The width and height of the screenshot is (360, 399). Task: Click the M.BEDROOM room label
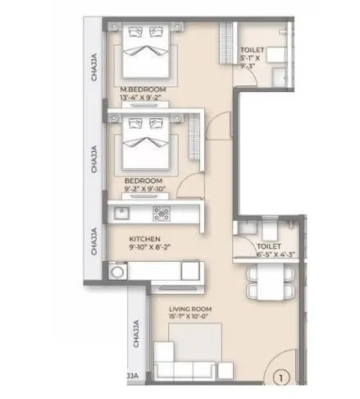click(x=144, y=89)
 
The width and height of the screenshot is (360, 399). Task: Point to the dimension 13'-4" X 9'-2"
click(x=144, y=99)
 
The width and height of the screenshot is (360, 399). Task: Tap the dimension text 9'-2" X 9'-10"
click(x=144, y=190)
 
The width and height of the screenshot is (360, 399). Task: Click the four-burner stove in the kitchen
click(x=159, y=215)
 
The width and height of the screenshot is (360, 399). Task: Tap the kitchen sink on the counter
click(x=121, y=215)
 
